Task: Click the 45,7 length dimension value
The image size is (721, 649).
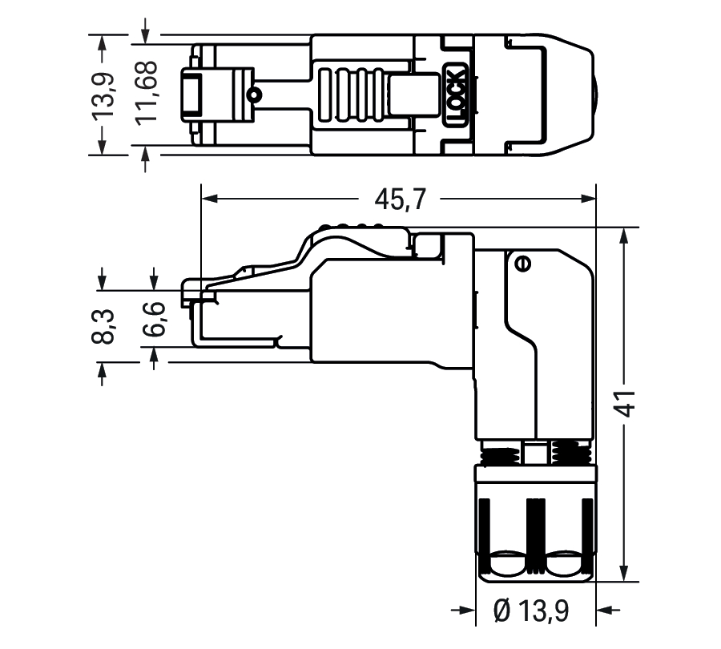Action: click(x=401, y=198)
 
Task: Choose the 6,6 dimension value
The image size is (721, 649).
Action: click(x=155, y=319)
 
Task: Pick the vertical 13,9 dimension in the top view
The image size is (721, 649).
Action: click(x=103, y=95)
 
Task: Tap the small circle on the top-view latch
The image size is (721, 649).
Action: click(x=254, y=96)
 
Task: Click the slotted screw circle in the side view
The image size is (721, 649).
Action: click(x=522, y=263)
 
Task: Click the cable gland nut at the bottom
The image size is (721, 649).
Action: click(x=535, y=521)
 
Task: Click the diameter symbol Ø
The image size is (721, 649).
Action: click(x=502, y=611)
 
